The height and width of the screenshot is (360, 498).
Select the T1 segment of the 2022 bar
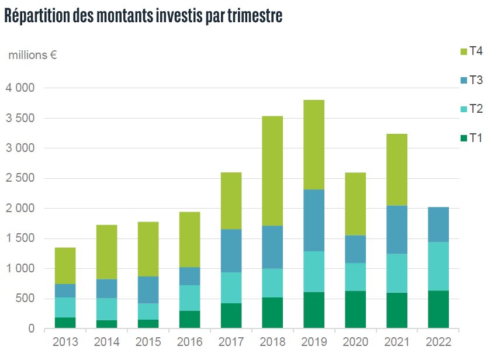[439, 310]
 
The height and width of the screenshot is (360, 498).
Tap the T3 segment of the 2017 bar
[231, 251]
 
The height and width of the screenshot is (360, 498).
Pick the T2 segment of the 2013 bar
[65, 307]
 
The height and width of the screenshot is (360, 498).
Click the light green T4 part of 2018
[272, 171]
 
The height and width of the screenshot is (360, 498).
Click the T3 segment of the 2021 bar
[397, 230]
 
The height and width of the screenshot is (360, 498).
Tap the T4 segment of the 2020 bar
[355, 204]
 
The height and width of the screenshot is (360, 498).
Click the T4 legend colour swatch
[464, 51]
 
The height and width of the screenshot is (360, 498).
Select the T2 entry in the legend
[476, 109]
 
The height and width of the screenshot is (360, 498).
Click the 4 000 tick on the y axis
[22, 88]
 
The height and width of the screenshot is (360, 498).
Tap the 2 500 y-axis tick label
[22, 178]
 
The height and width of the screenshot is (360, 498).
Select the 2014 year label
[106, 341]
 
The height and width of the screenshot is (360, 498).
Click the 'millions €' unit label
[32, 56]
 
